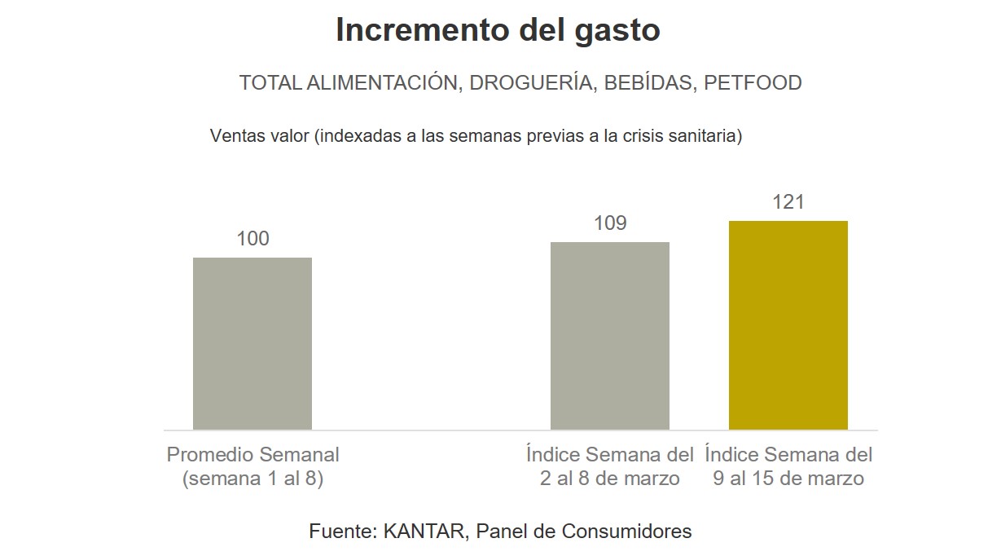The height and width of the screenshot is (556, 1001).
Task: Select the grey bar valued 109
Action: point(609,335)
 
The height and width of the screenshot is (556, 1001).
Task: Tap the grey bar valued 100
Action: point(252,343)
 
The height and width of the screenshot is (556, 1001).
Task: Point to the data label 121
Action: point(788,202)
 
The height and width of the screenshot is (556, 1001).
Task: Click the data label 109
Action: point(610,223)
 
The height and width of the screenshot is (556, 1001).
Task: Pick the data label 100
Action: point(252,239)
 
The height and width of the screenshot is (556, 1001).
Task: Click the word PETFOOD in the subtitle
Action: point(753,83)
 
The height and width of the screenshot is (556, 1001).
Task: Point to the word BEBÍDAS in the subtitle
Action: point(648,83)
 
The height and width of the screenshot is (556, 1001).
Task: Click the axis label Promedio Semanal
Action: point(252,455)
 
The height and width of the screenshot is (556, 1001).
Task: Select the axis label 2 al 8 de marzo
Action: point(609,479)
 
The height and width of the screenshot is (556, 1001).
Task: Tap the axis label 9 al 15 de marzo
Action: point(788,479)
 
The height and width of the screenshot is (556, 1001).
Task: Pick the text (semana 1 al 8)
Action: point(252,479)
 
